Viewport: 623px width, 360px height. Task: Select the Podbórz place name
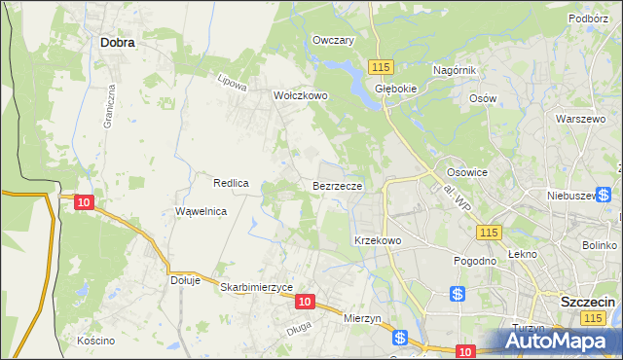(x=588, y=18)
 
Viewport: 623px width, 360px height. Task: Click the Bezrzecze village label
(x=338, y=185)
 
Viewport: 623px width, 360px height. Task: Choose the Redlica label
(x=232, y=183)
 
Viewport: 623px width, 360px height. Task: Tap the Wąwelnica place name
(x=201, y=211)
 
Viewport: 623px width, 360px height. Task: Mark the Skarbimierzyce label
(x=257, y=288)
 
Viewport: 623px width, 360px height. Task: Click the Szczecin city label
(x=588, y=303)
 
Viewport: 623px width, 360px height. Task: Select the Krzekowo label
(x=378, y=240)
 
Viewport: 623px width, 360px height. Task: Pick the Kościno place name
(x=95, y=341)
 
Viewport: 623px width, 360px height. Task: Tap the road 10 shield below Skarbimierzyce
(x=305, y=303)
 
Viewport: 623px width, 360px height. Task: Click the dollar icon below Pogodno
(x=458, y=293)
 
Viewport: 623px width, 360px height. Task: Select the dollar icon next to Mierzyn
(x=400, y=337)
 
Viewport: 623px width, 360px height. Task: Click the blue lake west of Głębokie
(x=341, y=69)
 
